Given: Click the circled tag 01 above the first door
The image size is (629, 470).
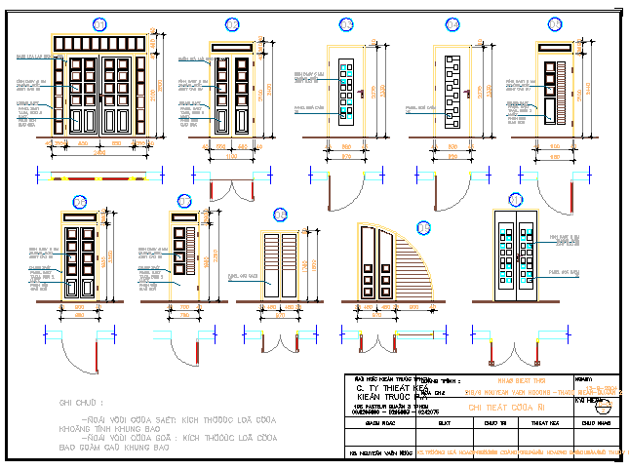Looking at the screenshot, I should [98, 22].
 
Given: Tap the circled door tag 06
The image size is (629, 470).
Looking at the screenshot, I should [80, 203].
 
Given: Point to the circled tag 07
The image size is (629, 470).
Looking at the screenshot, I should [185, 202].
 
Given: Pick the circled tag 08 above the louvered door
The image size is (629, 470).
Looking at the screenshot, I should [280, 214].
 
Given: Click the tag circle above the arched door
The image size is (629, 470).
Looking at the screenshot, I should [423, 228].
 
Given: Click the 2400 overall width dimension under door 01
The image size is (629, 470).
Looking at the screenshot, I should [100, 154].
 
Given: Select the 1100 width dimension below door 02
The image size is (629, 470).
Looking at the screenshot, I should [231, 154].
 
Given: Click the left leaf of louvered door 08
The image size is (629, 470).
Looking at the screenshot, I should [272, 265].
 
